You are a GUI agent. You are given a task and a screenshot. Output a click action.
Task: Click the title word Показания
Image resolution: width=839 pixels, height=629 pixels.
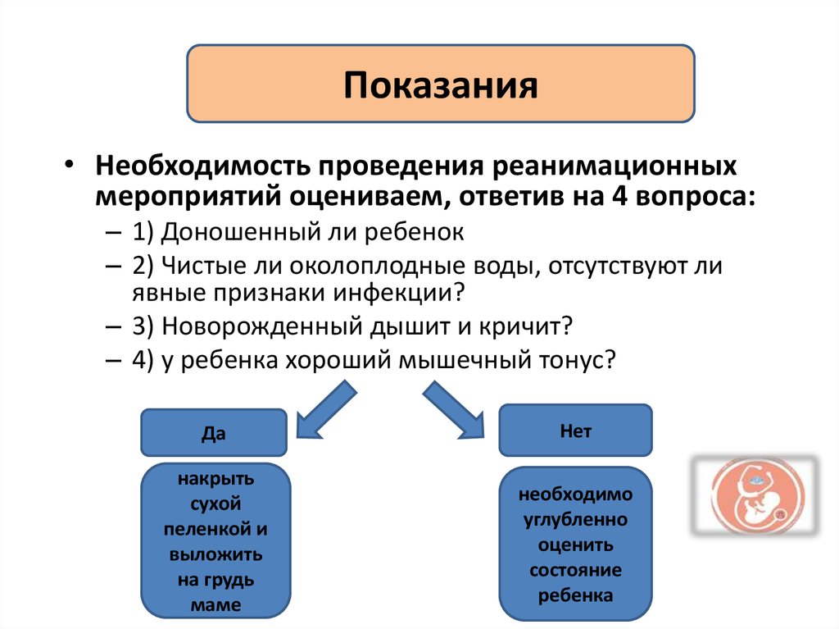[x=441, y=85]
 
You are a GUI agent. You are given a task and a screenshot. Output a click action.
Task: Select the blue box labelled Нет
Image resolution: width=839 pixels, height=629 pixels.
[x=575, y=430]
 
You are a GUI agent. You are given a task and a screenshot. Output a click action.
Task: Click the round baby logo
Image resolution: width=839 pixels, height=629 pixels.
[x=755, y=497]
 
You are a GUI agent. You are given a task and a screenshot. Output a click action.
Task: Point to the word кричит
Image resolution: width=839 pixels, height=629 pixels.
[x=521, y=326]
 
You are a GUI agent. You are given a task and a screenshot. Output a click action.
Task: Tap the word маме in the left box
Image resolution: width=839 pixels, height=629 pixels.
[x=218, y=606]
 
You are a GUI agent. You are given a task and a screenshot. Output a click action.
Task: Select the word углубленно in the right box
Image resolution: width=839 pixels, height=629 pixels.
[x=575, y=520]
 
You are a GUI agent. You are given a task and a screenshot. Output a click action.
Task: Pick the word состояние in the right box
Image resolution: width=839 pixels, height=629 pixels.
[x=575, y=570]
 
